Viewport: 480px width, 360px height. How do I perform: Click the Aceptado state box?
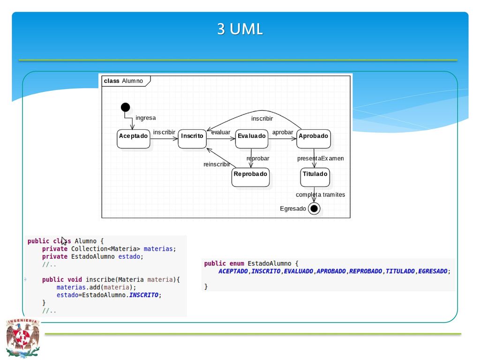(134, 139)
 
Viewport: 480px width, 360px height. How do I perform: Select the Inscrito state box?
(192, 139)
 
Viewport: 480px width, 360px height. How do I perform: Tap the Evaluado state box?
(252, 139)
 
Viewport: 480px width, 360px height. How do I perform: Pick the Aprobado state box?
(314, 139)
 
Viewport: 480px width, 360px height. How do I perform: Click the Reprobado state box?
(250, 177)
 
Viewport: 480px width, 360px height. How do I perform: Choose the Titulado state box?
(315, 177)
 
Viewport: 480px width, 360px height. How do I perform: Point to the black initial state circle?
(125, 107)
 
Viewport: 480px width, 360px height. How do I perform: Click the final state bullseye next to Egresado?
(314, 209)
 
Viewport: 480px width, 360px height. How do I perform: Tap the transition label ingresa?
(145, 118)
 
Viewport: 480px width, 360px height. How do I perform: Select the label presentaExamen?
(321, 158)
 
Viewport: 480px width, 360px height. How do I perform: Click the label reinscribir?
(217, 165)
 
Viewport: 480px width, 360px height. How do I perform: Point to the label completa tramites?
(320, 195)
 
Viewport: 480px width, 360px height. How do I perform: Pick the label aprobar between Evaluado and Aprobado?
(283, 132)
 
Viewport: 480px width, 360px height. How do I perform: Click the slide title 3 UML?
(240, 29)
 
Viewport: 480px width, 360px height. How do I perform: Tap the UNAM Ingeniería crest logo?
(22, 338)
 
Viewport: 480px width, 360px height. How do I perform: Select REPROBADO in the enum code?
(366, 271)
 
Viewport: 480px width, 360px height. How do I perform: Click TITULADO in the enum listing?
(400, 271)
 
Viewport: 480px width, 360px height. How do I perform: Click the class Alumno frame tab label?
(123, 81)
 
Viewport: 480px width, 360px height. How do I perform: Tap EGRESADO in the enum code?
(433, 271)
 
